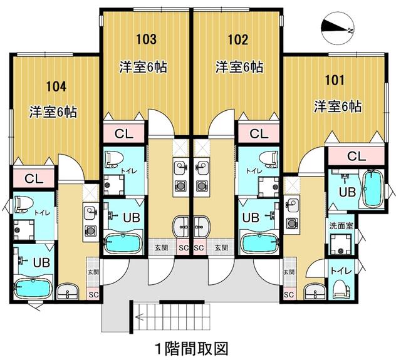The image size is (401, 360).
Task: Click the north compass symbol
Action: (336, 27)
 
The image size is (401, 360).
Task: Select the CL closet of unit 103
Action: (124, 133)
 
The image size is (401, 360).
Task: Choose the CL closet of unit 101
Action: (357, 155)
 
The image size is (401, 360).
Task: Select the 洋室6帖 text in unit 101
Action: (338, 106)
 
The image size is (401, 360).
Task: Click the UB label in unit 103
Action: (131, 218)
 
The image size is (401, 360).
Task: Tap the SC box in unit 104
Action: (93, 295)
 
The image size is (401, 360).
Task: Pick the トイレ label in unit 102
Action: (253, 170)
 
